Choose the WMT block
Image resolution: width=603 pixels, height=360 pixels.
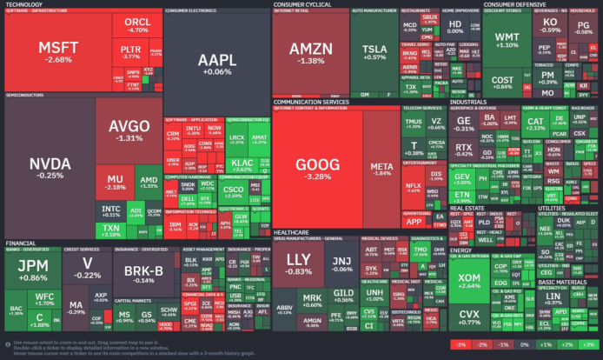click(507, 39)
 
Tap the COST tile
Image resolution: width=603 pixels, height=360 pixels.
click(503, 81)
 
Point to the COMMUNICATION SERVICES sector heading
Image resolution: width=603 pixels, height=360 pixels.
click(312, 102)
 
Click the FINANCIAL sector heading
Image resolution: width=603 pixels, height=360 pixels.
click(20, 219)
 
